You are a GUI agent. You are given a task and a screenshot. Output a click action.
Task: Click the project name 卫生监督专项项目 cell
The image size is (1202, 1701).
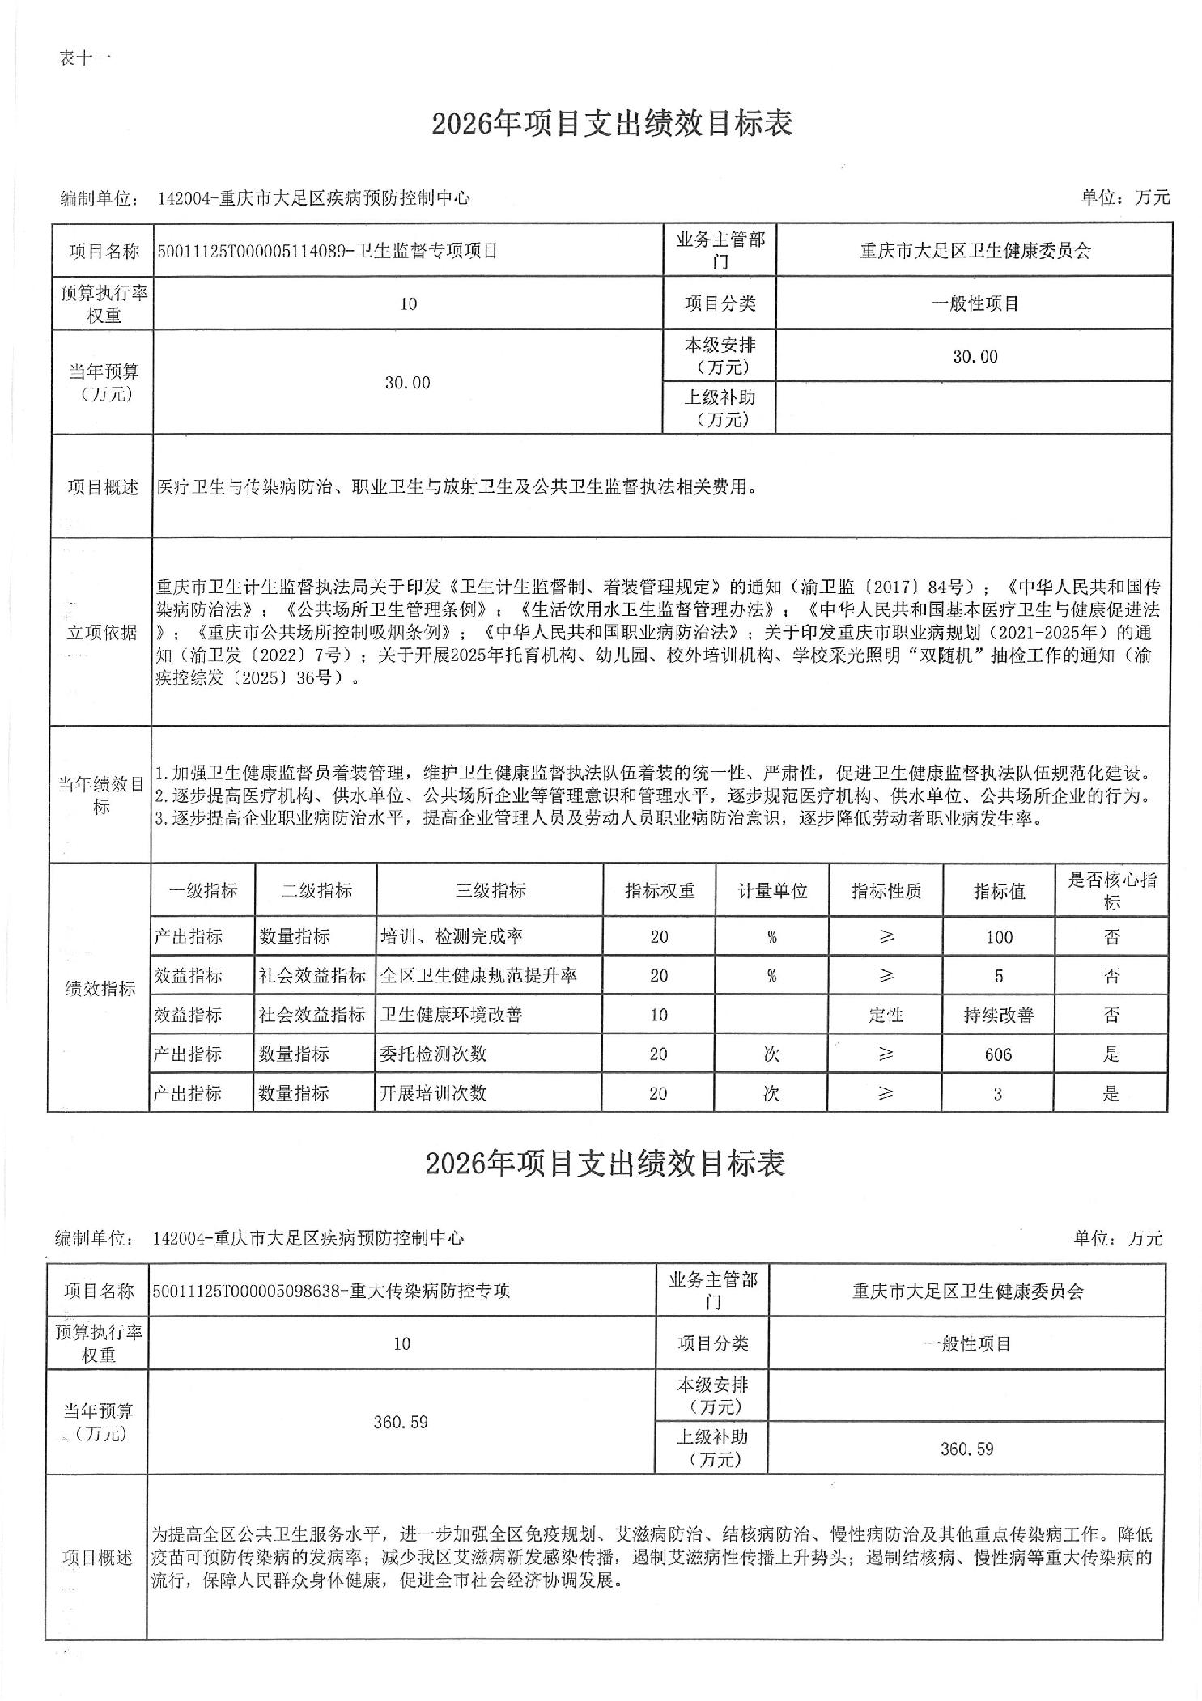(328, 251)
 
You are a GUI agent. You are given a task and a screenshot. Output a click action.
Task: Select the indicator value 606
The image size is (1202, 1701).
(998, 1054)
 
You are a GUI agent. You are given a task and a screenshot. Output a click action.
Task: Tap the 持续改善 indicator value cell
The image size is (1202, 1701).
(998, 1015)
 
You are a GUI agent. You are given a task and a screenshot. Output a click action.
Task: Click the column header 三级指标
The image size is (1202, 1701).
(490, 891)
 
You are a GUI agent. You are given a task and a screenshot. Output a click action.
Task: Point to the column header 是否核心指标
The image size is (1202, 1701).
(1111, 891)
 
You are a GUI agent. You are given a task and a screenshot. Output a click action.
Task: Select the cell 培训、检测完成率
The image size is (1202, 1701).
(452, 937)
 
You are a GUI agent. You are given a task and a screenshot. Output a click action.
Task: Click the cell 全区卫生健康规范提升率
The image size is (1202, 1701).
(478, 976)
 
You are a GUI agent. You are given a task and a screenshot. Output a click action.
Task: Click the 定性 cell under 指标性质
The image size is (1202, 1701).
(886, 1015)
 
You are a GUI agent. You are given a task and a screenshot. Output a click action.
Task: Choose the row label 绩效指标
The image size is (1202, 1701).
(100, 988)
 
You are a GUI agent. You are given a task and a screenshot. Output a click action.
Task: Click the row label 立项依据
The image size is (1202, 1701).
(102, 632)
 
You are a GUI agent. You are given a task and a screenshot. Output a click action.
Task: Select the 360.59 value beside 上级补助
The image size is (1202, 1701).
(966, 1449)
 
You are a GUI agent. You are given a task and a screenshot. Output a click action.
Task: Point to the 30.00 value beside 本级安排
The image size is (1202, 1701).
(975, 356)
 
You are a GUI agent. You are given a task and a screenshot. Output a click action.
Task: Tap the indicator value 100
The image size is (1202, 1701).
(999, 937)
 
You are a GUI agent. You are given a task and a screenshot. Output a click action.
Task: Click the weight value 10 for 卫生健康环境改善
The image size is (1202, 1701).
(659, 1015)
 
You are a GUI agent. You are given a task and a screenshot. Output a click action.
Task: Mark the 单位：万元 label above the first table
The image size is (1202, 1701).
(1124, 197)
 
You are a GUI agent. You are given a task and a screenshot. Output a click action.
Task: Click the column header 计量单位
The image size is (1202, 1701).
(771, 891)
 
